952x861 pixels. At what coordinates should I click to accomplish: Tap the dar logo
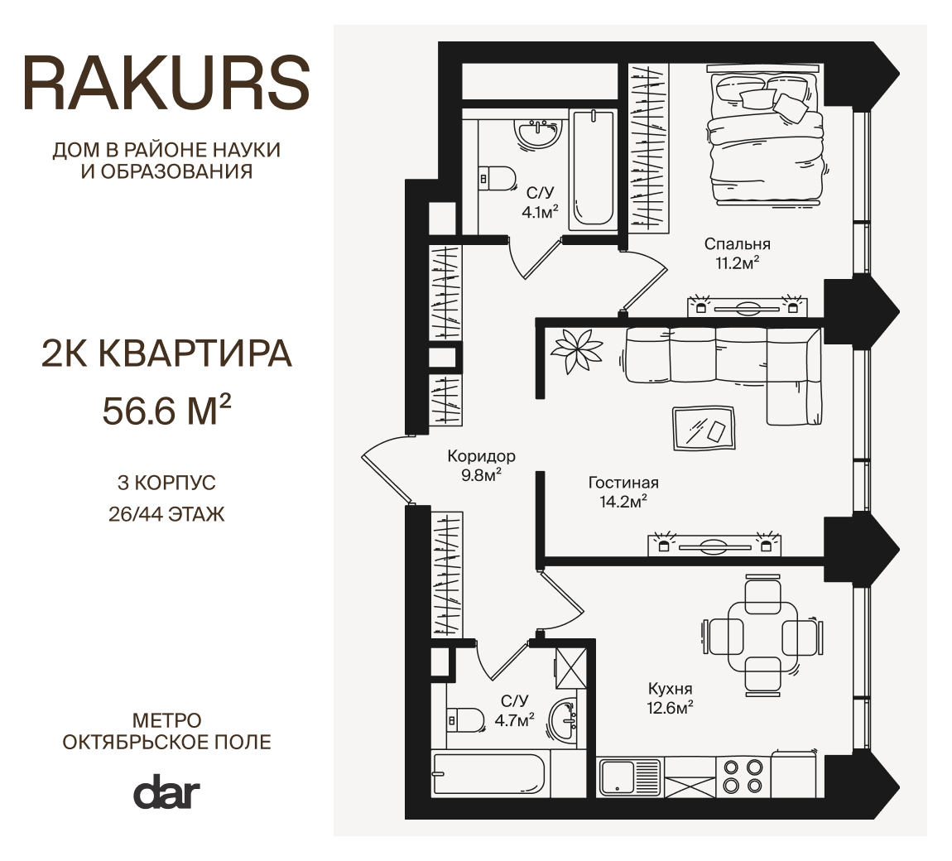[x=166, y=791]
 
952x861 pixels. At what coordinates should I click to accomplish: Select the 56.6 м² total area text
[x=166, y=410]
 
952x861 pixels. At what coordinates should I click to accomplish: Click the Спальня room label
[x=737, y=244]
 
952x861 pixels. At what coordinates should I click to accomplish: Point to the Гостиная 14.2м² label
[x=623, y=493]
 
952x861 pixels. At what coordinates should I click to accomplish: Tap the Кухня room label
[x=671, y=689]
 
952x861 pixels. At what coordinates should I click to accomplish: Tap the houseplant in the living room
[x=577, y=351]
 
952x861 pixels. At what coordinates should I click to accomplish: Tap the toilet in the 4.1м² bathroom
[x=496, y=179]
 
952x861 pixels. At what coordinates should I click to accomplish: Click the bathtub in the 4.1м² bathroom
[x=593, y=168]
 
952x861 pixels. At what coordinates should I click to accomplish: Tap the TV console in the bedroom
[x=747, y=306]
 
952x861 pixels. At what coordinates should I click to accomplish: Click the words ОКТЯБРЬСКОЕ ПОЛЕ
[x=167, y=742]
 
